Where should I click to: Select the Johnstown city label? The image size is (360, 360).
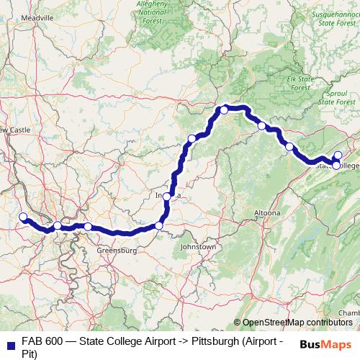coord(198,247)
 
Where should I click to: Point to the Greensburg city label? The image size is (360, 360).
coord(117,251)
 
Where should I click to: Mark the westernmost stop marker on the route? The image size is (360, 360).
coord(22,217)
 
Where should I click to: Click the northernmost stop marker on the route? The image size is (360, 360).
coord(224,109)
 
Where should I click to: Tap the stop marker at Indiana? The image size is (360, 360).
coord(167,197)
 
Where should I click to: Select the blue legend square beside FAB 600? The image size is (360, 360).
coord(10,341)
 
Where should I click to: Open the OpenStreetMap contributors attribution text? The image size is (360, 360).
coord(297,323)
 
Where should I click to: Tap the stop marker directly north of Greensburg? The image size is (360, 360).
coord(88,227)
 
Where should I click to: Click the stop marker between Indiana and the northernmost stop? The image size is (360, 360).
coord(192,139)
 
